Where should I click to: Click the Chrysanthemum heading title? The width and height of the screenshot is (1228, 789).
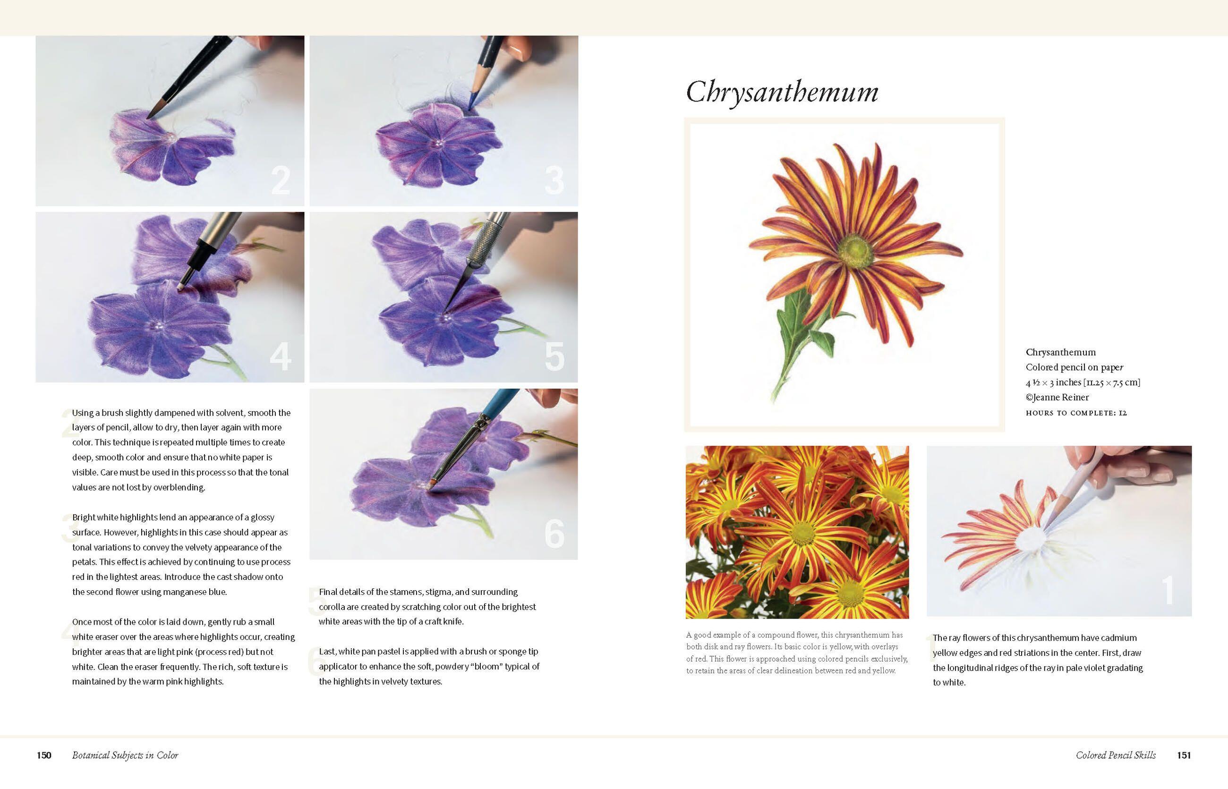(782, 93)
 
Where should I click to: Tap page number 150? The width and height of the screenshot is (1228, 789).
(44, 755)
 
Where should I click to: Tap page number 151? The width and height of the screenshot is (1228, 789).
(1184, 755)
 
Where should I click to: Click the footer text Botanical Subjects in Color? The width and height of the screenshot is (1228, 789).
(125, 755)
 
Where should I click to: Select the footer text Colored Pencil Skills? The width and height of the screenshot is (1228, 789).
(1116, 755)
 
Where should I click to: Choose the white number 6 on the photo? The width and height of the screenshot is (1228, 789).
(554, 534)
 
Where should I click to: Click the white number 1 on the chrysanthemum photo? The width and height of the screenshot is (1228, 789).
(1168, 590)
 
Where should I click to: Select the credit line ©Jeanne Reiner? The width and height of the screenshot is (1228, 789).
(1057, 397)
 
